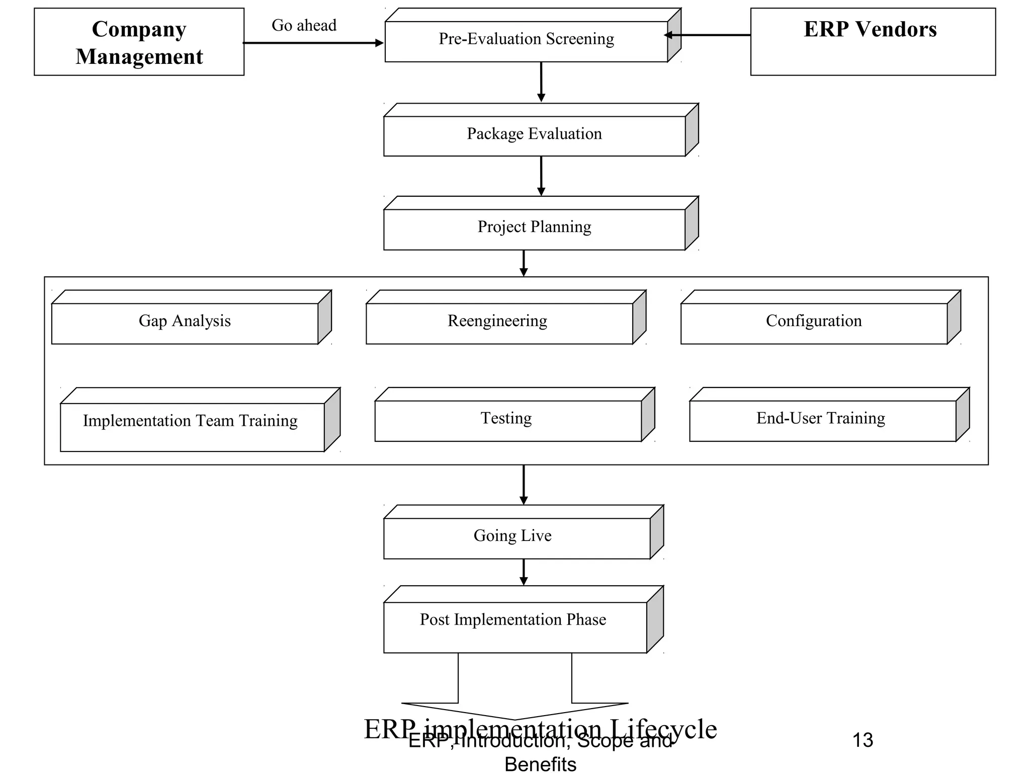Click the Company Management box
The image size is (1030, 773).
point(139,42)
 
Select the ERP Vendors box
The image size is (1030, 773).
point(873,42)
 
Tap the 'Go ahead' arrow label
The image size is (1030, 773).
point(304,25)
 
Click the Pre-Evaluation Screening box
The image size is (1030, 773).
point(526,40)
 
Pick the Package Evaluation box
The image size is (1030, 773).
point(534,135)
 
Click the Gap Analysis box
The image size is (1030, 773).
point(185,323)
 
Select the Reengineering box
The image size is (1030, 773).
point(498,323)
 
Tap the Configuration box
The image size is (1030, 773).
point(813,323)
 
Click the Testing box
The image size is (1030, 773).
point(507,420)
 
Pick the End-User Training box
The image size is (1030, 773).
point(821,420)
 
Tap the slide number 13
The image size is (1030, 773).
point(863,740)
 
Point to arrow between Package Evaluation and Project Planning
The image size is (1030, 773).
point(541,176)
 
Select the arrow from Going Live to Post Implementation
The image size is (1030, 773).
point(524,572)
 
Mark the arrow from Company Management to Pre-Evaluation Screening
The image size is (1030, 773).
point(313,43)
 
